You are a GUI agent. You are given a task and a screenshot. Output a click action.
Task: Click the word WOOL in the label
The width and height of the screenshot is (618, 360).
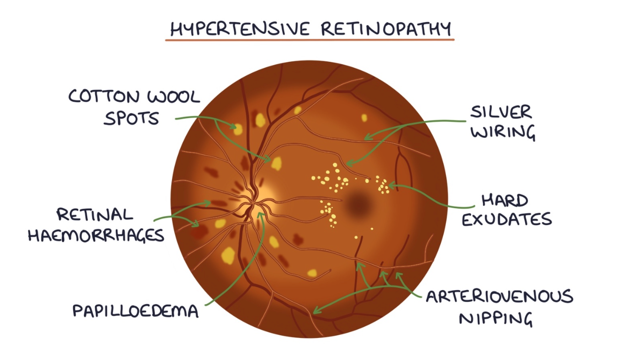174,97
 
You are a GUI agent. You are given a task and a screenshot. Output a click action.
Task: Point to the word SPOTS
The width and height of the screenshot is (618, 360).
131,118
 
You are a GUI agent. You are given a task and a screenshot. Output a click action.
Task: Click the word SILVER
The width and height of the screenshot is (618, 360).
501,112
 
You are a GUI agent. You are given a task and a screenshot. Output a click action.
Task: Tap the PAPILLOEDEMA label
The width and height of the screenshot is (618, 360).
136,311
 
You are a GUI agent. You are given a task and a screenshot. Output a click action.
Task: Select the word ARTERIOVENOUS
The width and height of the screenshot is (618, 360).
499,297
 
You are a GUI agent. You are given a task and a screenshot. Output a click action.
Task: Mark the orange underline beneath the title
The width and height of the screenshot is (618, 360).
309,39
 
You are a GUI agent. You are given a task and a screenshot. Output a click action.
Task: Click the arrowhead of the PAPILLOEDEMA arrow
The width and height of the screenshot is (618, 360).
262,214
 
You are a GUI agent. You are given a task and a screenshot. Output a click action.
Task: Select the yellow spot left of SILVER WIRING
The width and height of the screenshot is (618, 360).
363,118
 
